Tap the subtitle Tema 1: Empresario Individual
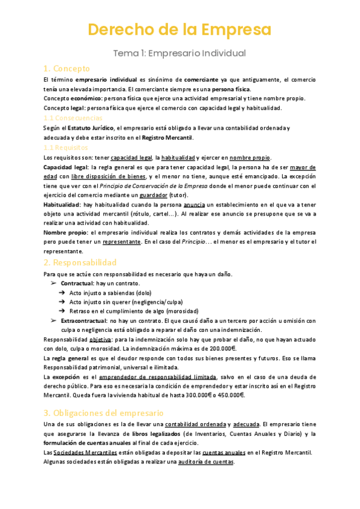click(180, 53)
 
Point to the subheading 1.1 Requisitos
click(66, 147)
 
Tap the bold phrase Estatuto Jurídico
click(91, 128)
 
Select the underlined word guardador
click(154, 195)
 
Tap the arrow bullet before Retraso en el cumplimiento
click(62, 312)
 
